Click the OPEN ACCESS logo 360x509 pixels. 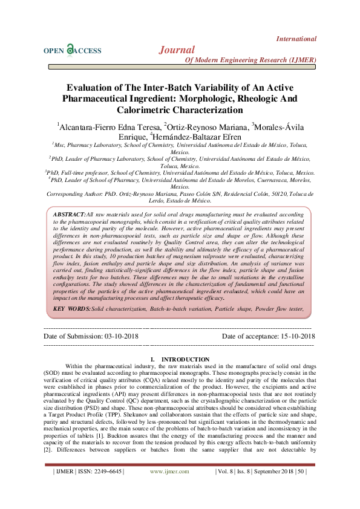coord(72,51)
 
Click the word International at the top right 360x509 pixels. coord(296,39)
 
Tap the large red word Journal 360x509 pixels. coord(177,50)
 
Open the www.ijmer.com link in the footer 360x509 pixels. coord(169,488)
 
